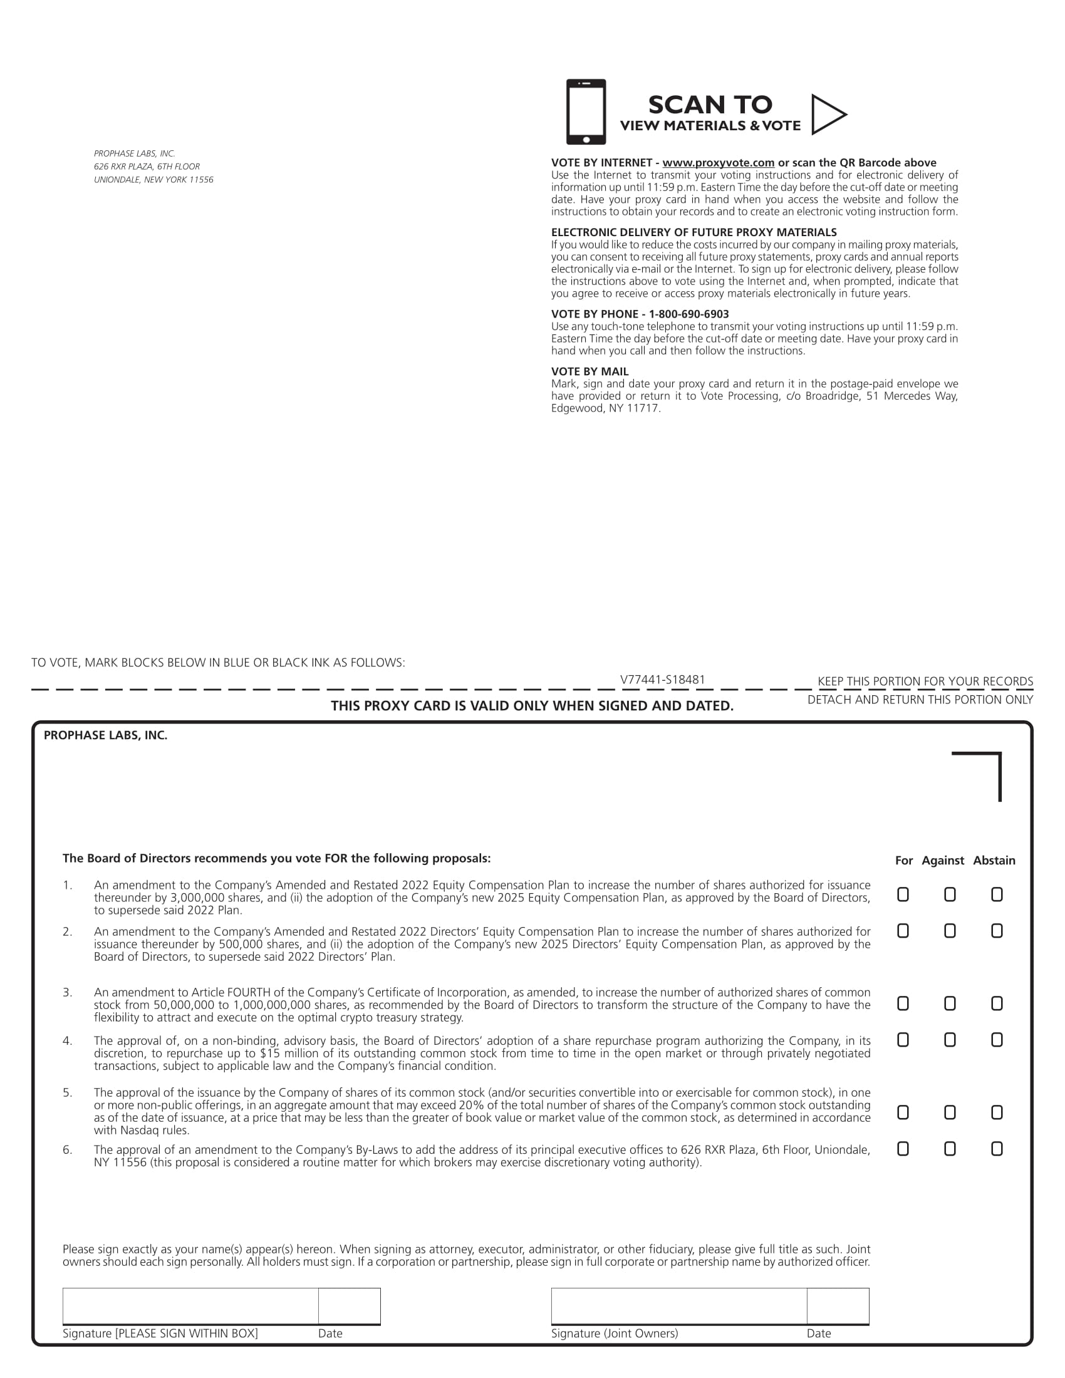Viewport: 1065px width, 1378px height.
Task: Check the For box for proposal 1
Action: pos(903,894)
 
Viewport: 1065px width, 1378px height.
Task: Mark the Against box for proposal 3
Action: pos(950,1003)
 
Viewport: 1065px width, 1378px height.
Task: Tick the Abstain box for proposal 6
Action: pos(997,1149)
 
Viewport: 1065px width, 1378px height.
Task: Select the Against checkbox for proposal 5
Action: pos(950,1112)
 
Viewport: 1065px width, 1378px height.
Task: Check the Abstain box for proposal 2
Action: pos(997,931)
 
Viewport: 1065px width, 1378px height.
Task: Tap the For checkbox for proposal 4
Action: pos(903,1040)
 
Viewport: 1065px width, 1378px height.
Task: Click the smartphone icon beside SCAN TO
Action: pos(586,111)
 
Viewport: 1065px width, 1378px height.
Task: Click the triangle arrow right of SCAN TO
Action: pos(828,115)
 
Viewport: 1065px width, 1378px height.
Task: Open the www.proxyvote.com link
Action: pos(718,163)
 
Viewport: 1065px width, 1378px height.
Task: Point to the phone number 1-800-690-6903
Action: pos(688,314)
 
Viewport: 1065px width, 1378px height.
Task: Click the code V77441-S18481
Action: pos(662,680)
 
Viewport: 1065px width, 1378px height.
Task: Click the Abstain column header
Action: pos(994,861)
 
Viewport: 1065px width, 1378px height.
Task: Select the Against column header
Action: pos(943,861)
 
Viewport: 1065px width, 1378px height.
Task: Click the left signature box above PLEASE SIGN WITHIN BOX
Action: pos(190,1306)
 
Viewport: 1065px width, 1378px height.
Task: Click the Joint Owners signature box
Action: pos(679,1306)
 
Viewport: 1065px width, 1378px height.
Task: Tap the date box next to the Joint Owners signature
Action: pos(838,1306)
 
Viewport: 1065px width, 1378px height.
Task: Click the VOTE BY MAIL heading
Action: pos(590,371)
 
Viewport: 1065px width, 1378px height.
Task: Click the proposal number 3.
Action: pos(68,993)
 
